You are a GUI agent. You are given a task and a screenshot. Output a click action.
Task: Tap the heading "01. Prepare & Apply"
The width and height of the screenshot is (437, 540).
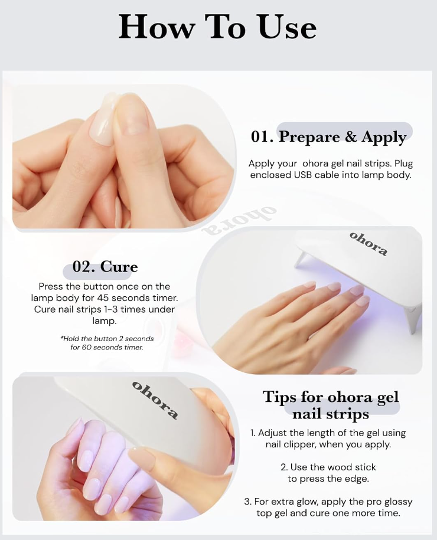(x=328, y=137)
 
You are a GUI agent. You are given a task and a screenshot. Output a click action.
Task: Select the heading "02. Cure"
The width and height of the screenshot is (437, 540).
(x=105, y=267)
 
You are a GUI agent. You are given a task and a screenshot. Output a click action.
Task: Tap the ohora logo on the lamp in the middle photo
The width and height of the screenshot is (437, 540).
(x=368, y=244)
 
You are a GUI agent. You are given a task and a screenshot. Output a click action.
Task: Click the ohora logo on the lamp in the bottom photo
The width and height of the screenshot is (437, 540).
(x=155, y=400)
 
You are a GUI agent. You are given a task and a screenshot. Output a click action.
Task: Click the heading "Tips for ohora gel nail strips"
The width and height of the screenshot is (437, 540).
(x=331, y=405)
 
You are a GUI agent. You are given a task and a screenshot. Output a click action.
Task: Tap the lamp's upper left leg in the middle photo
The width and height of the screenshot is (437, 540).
(x=300, y=259)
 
